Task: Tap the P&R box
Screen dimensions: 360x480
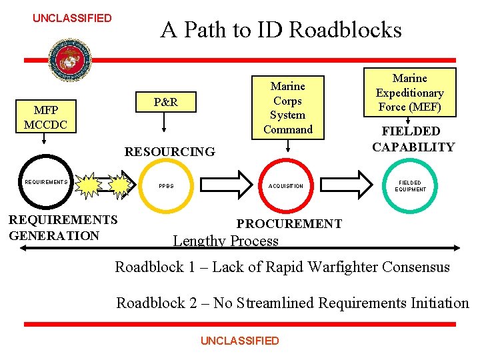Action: click(x=165, y=103)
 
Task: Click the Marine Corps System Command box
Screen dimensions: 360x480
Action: click(x=288, y=107)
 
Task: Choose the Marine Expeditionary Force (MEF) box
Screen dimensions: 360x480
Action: click(x=409, y=93)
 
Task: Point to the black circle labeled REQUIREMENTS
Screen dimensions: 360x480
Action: click(x=46, y=182)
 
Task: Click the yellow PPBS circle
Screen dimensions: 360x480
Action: click(x=166, y=185)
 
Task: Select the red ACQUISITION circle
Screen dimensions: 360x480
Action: click(x=286, y=185)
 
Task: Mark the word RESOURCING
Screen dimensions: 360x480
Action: click(x=170, y=152)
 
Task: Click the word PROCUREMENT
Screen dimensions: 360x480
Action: click(x=289, y=224)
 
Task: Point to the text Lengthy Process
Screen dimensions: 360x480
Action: click(x=225, y=241)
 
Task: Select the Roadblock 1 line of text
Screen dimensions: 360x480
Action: click(x=282, y=267)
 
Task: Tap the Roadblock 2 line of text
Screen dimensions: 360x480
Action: click(x=293, y=303)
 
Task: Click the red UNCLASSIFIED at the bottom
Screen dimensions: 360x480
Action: click(x=239, y=341)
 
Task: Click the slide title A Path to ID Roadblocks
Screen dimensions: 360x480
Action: click(x=281, y=30)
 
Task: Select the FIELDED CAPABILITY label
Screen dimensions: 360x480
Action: click(x=413, y=139)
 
